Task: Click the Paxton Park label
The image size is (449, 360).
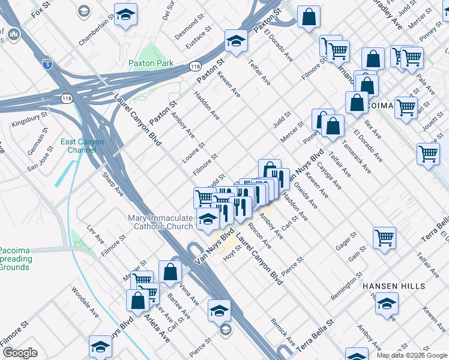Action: coord(151,63)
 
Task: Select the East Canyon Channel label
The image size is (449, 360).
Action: coord(82,146)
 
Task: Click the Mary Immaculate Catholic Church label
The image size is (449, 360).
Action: coord(160,222)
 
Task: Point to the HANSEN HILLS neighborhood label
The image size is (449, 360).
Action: coord(394,287)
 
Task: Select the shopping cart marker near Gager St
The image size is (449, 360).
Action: coord(384,237)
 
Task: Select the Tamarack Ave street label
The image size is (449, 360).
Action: coord(358,161)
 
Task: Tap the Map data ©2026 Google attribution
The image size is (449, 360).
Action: coord(412,355)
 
